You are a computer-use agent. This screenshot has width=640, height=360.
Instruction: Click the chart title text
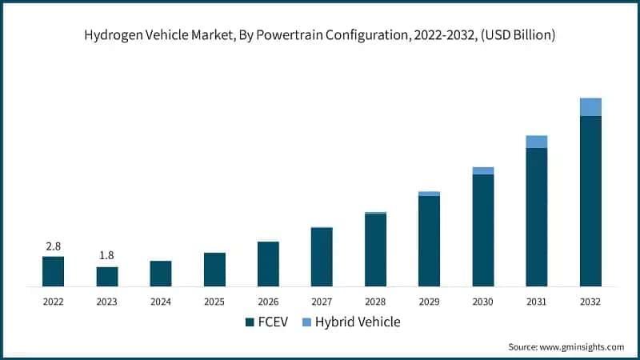320,34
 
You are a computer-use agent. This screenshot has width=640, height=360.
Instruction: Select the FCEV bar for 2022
53,271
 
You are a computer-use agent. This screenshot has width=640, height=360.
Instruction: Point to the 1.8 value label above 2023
106,255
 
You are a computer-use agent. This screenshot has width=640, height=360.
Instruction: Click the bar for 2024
160,274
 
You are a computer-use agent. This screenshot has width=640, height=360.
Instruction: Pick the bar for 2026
268,264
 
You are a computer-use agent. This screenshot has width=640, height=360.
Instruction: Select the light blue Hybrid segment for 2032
590,107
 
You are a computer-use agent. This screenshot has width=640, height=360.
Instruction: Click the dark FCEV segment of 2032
590,200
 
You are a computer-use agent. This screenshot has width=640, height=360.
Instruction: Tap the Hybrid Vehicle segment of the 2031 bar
537,142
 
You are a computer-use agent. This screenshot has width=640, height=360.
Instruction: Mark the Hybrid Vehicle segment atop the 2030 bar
483,170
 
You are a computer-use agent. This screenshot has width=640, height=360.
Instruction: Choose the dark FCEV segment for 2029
430,240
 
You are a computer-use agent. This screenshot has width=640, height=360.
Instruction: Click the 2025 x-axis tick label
214,302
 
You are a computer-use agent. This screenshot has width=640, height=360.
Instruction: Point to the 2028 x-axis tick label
376,302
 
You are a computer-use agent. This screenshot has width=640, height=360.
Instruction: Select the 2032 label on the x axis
590,302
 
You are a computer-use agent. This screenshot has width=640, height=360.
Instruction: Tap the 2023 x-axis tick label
106,302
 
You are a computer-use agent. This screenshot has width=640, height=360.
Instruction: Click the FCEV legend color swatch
249,322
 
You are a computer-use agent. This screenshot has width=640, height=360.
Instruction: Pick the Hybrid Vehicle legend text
358,322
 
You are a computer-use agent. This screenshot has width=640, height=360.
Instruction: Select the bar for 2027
322,257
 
